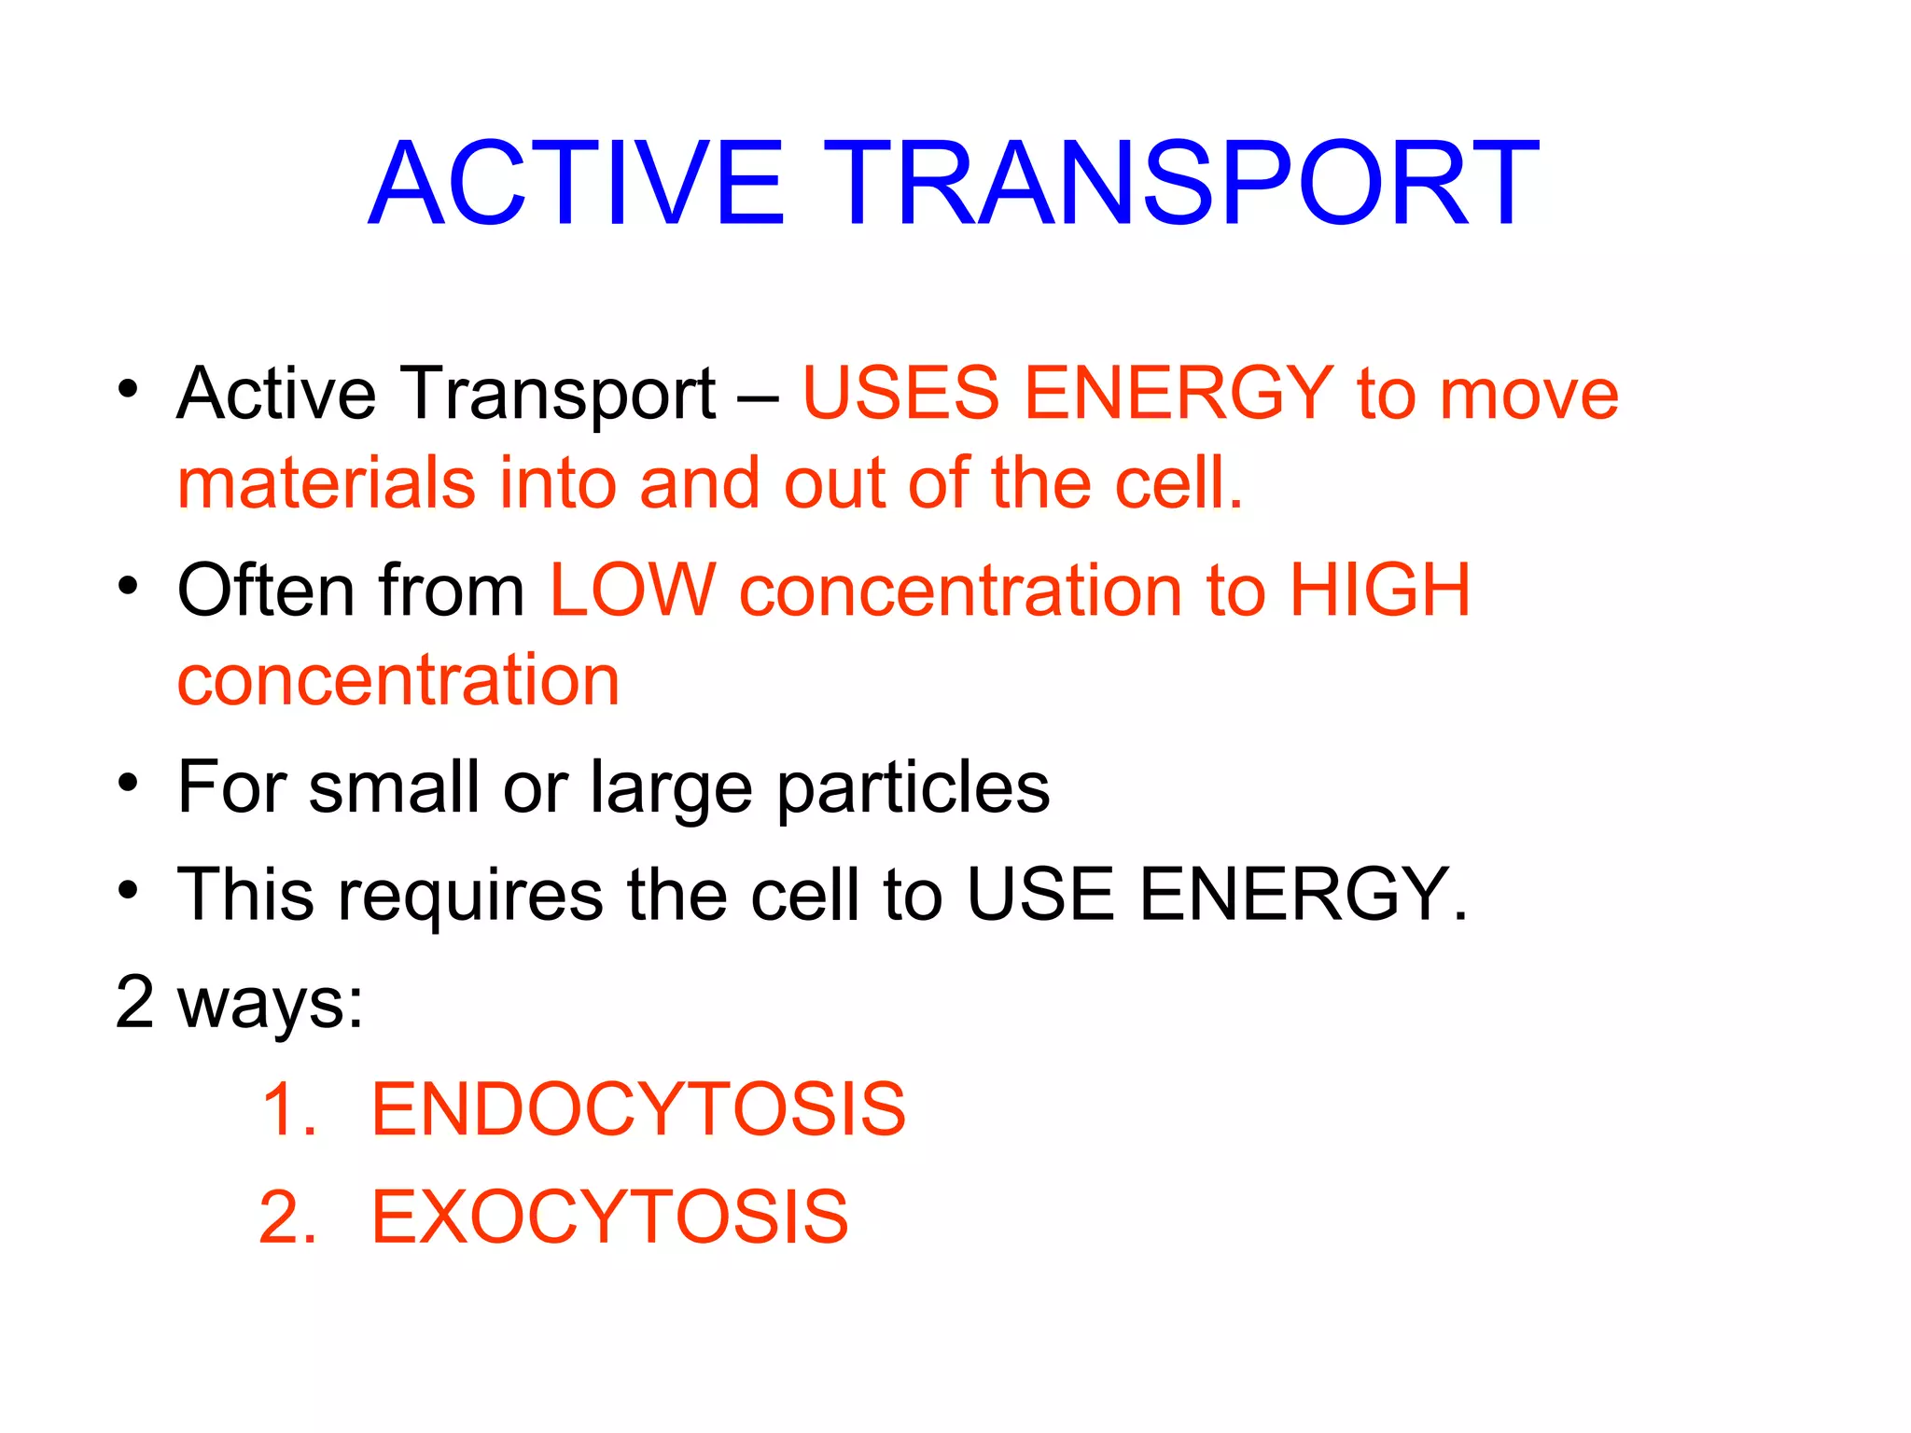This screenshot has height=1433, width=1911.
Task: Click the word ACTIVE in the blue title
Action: pos(577,183)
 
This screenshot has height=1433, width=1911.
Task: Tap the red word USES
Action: pos(900,393)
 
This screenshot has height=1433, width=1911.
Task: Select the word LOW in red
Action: pos(633,590)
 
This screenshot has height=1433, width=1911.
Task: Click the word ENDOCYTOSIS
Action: pos(638,1109)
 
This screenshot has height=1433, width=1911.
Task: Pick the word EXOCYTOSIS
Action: pos(609,1217)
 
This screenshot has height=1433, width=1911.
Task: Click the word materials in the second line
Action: pos(327,483)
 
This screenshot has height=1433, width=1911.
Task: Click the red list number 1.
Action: pos(287,1109)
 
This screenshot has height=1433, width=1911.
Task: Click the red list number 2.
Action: pos(287,1217)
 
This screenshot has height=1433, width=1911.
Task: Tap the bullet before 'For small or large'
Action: pos(128,782)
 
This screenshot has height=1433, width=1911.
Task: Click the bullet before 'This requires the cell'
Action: pos(128,890)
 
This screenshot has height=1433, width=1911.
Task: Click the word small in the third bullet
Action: pos(393,786)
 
